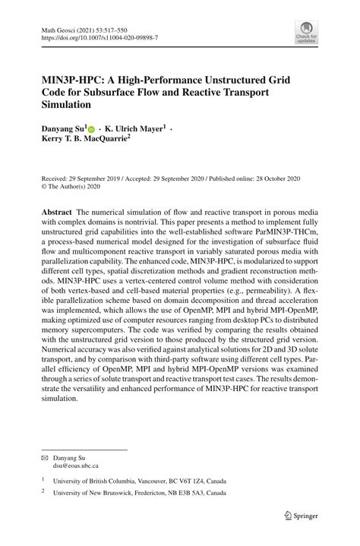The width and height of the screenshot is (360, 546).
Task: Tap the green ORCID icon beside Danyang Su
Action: (x=93, y=131)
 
